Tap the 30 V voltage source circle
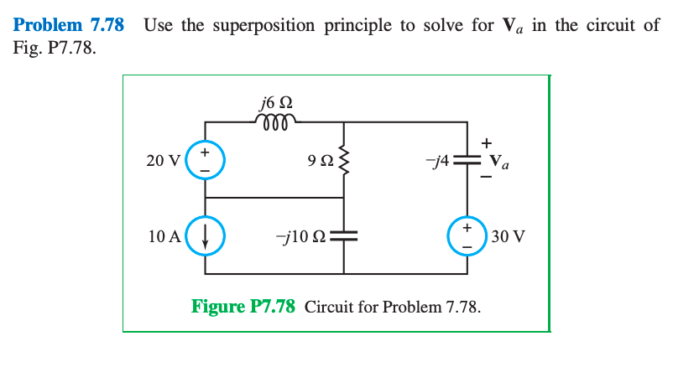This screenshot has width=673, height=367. [467, 235]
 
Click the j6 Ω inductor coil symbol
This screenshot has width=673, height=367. [276, 121]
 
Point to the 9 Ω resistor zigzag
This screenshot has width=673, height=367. [344, 160]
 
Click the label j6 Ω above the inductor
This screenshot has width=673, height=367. [277, 104]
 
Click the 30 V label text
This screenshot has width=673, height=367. [509, 235]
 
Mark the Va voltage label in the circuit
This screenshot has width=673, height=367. [498, 160]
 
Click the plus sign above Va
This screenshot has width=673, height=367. [487, 141]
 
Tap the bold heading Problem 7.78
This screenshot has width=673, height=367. [69, 24]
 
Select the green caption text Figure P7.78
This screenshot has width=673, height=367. [243, 305]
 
